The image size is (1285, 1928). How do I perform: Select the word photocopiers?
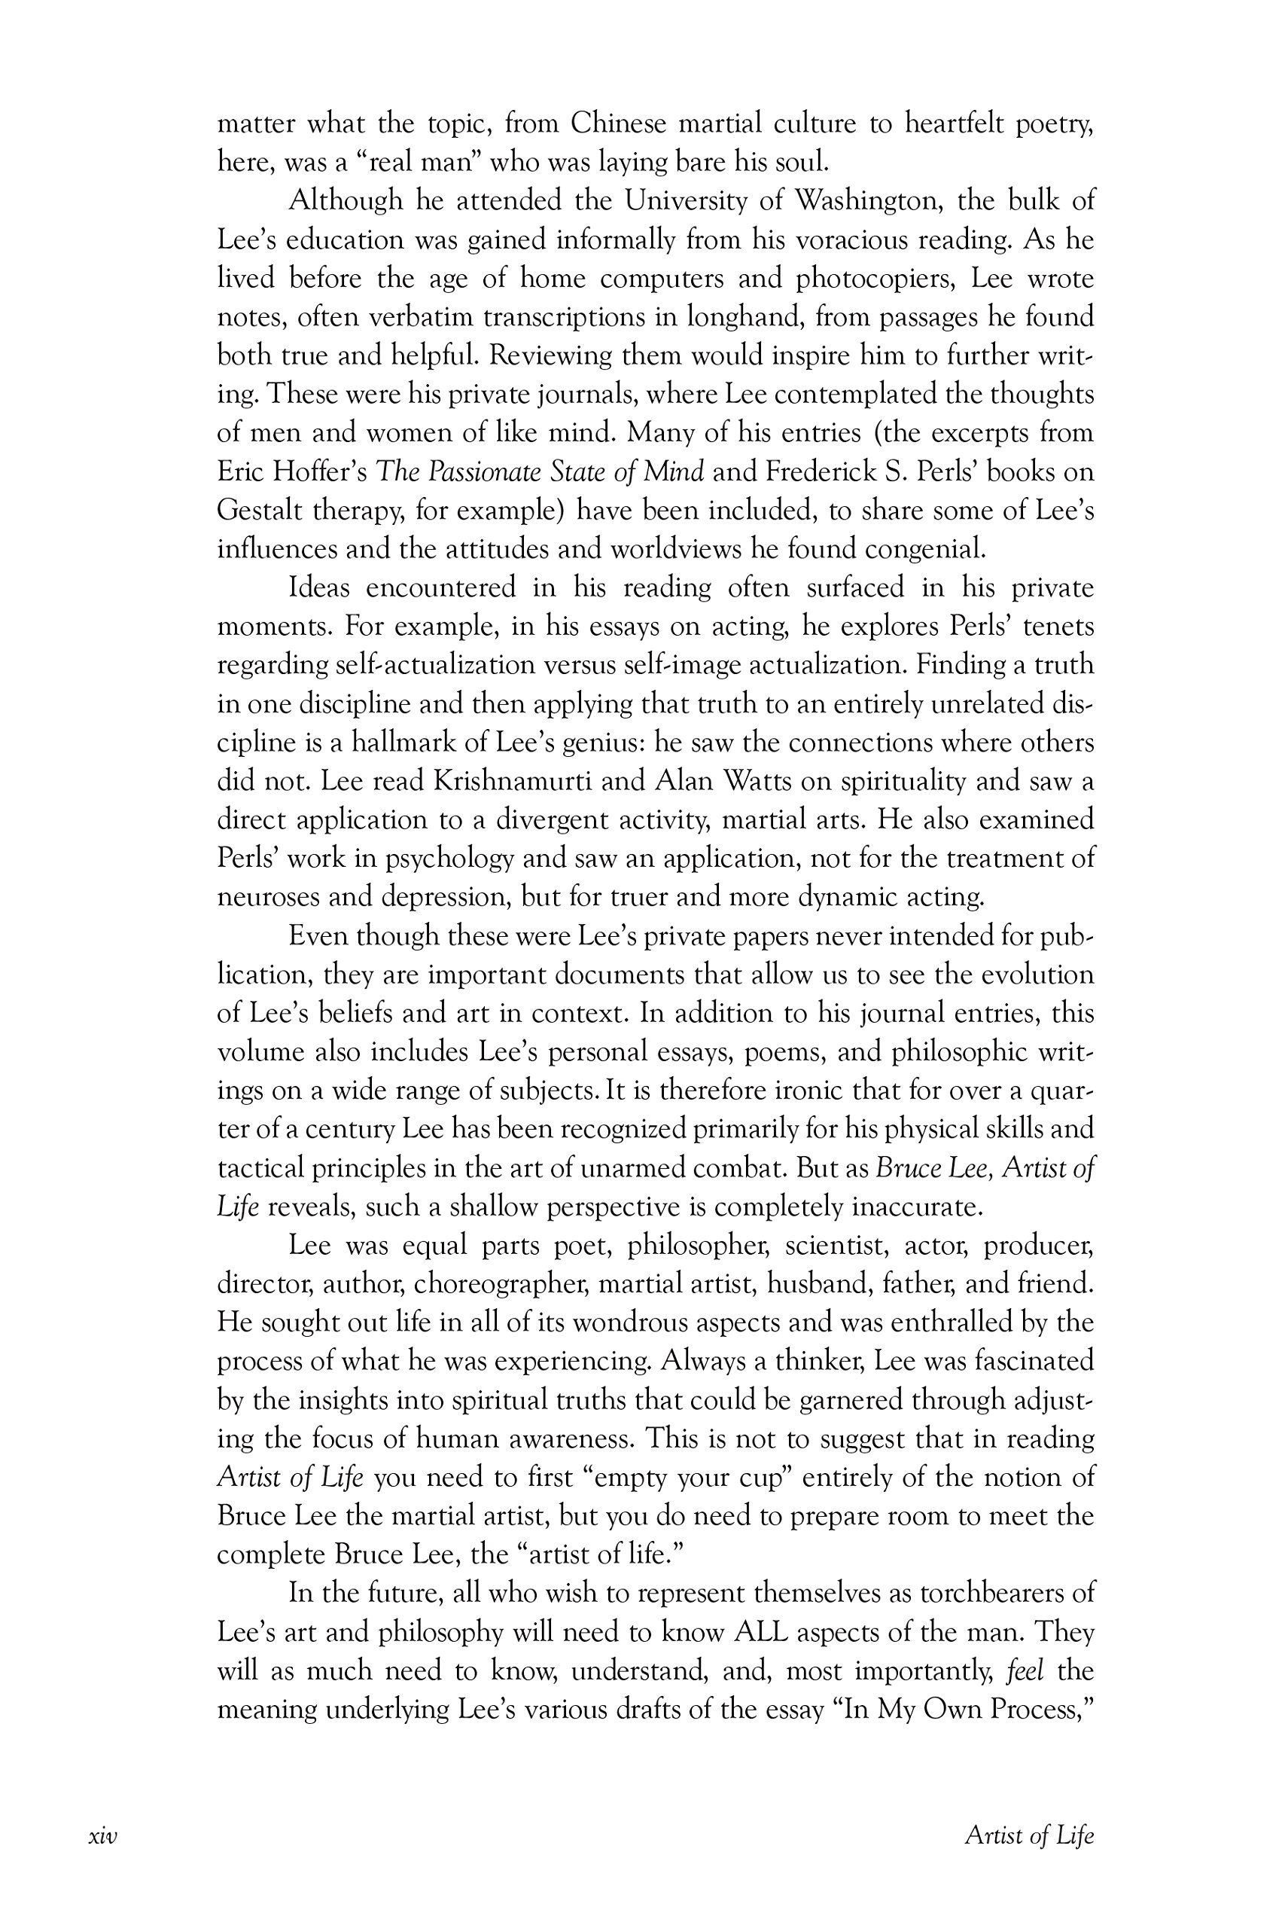(875, 279)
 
